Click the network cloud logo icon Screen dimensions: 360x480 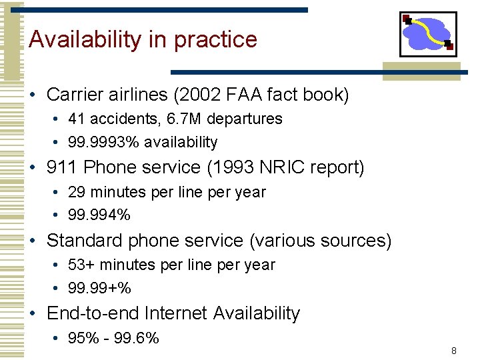click(427, 34)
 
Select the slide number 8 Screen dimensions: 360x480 click(453, 351)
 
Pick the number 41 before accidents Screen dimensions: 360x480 click(77, 119)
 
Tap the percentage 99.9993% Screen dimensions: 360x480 click(104, 142)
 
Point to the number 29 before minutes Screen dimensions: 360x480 click(77, 192)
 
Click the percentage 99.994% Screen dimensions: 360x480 click(99, 215)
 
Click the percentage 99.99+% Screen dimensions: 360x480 click(99, 288)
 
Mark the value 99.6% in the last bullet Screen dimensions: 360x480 click(137, 338)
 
